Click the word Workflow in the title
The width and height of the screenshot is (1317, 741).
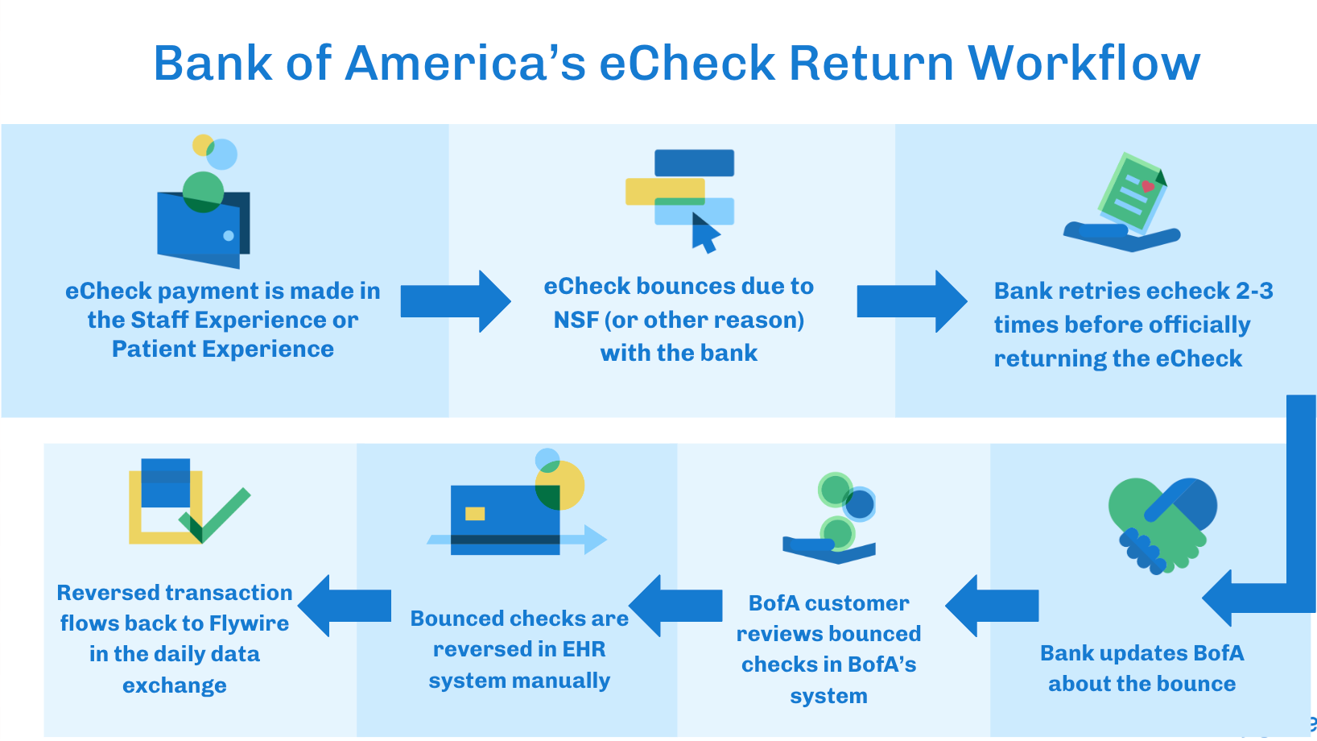click(1084, 63)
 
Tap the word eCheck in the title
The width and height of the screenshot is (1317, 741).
click(686, 63)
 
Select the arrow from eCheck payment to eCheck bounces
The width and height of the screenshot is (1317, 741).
click(456, 301)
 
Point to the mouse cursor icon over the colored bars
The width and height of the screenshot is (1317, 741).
click(705, 234)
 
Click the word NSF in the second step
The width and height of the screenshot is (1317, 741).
click(576, 320)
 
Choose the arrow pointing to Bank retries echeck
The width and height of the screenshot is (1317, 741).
click(911, 301)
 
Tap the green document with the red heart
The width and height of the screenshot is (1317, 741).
click(1131, 193)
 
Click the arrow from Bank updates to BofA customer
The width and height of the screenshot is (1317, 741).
click(992, 606)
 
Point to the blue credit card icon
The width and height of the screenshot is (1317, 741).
click(506, 520)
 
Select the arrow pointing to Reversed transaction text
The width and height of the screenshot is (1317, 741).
click(345, 606)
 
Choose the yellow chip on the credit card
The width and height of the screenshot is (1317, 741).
click(475, 514)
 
